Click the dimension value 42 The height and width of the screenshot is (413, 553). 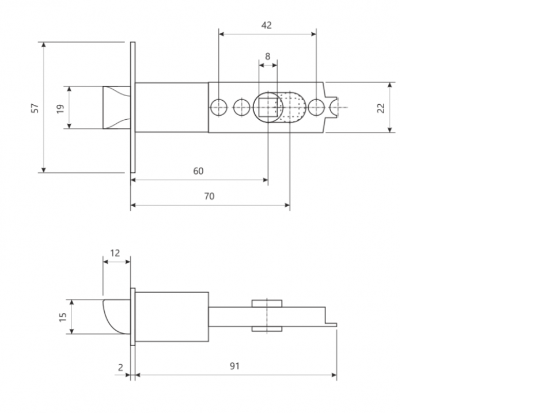pyautogui.click(x=267, y=25)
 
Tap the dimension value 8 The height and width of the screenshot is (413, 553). pyautogui.click(x=268, y=56)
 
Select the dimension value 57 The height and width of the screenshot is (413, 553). pyautogui.click(x=35, y=108)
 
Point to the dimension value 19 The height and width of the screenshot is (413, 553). pyautogui.click(x=60, y=108)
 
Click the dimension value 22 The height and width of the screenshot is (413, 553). pyautogui.click(x=381, y=108)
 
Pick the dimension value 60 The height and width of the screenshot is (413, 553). pyautogui.click(x=198, y=171)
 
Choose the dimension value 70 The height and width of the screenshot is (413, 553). pyautogui.click(x=209, y=196)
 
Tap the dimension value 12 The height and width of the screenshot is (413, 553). pyautogui.click(x=115, y=253)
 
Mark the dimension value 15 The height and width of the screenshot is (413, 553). pyautogui.click(x=63, y=317)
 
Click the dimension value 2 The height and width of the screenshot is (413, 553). pyautogui.click(x=120, y=367)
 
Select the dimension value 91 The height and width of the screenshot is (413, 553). pyautogui.click(x=234, y=366)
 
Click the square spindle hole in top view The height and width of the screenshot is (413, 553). pyautogui.click(x=268, y=107)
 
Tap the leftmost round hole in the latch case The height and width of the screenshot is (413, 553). pyautogui.click(x=219, y=107)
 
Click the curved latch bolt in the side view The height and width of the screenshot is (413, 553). pyautogui.click(x=116, y=316)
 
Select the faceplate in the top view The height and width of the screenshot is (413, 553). pyautogui.click(x=132, y=108)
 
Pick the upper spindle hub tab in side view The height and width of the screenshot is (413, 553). pyautogui.click(x=267, y=304)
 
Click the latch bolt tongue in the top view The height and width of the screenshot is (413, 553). pyautogui.click(x=117, y=107)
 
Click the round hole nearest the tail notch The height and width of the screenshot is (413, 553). pyautogui.click(x=316, y=107)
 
